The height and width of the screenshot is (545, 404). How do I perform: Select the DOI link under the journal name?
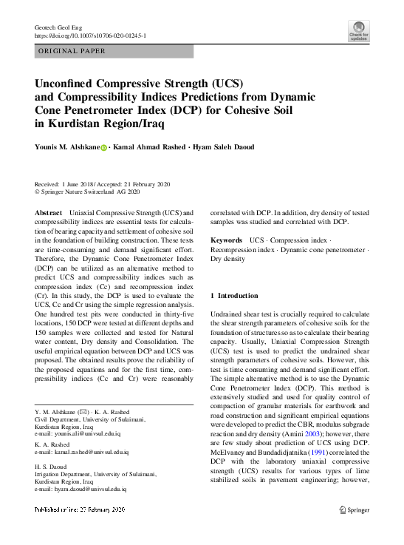tap(91, 35)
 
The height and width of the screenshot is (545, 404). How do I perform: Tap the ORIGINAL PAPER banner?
tap(72, 51)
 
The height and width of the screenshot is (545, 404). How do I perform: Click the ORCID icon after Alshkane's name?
tap(104, 147)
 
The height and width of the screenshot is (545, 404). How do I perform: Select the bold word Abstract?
tap(48, 212)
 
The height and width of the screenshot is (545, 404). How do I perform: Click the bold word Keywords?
tap(226, 241)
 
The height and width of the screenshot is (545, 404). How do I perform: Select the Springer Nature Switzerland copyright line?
tap(88, 192)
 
